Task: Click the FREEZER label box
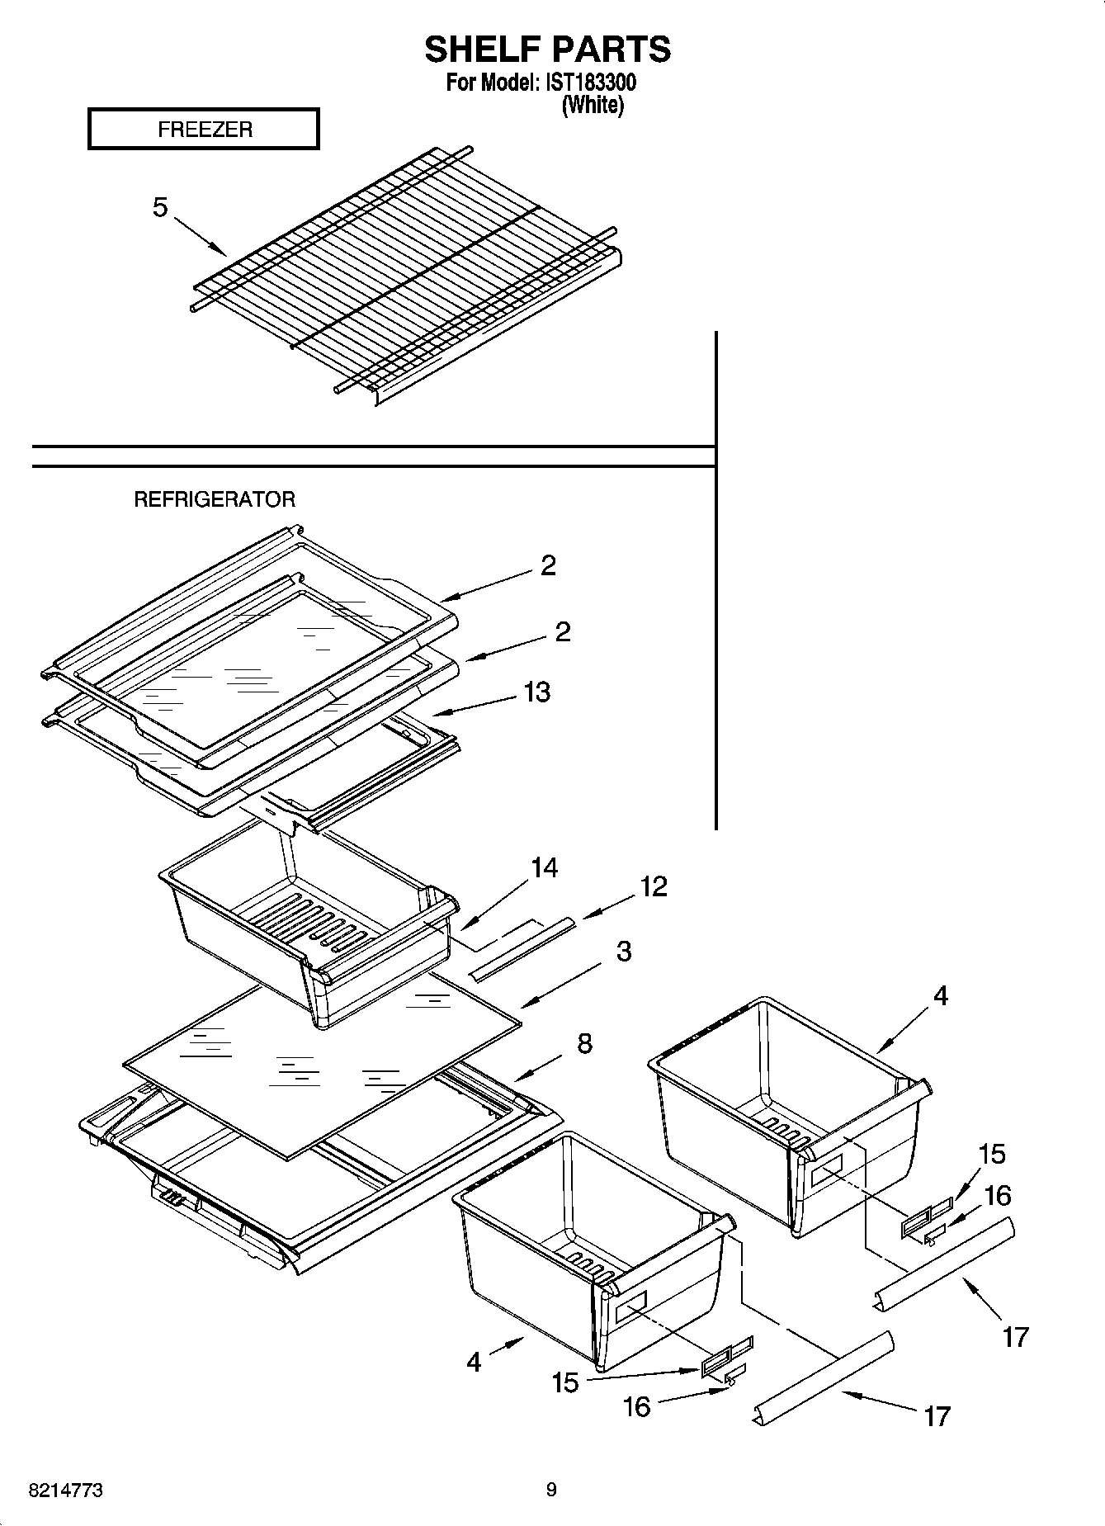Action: pos(203,130)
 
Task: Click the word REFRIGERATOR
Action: pos(215,499)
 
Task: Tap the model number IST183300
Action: pos(590,83)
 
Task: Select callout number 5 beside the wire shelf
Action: pos(160,207)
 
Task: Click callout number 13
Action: pos(537,692)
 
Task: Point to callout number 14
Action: pos(544,867)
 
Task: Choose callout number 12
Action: pos(653,886)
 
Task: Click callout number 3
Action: pos(624,951)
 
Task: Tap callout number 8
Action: pos(584,1043)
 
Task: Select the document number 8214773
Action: pos(66,1491)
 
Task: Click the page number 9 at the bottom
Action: pos(551,1490)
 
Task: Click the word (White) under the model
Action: pos(593,106)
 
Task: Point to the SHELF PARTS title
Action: pos(548,50)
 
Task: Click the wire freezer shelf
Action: pos(404,272)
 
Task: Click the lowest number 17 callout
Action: pos(937,1417)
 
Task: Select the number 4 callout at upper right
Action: pos(941,995)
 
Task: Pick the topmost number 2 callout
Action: pos(548,565)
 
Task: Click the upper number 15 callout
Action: pos(992,1154)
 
